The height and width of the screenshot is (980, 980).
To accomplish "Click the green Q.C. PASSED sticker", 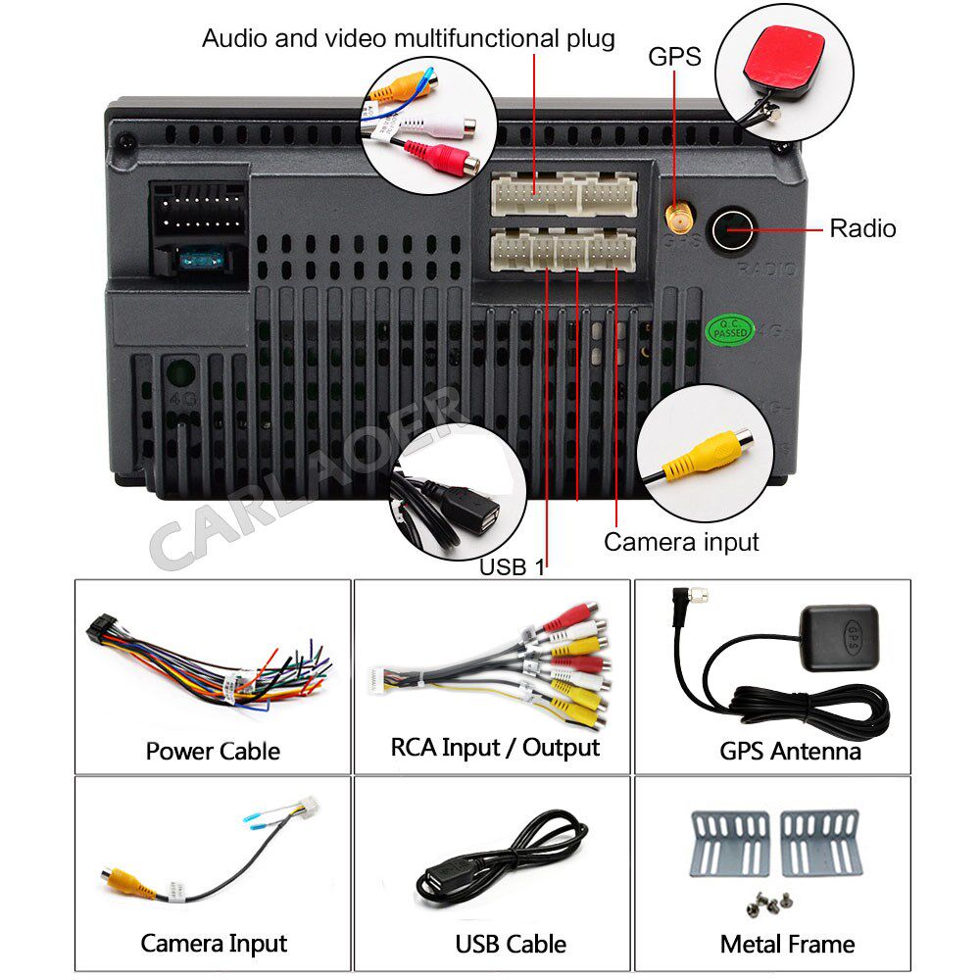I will coord(729,329).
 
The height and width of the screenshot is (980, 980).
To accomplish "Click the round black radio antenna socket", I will coord(731,229).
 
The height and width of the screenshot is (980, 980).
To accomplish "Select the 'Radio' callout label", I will coord(862,228).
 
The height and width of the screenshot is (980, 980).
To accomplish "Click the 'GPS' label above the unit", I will coord(674,57).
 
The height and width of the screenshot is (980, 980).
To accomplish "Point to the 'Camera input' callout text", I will coord(681,541).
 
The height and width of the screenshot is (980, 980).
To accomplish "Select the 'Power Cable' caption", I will coord(213,751).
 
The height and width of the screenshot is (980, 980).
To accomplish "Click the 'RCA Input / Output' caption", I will coord(495,748).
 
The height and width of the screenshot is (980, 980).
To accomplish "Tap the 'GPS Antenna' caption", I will coord(790,751).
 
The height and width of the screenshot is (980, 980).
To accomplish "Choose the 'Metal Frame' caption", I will coord(787,944).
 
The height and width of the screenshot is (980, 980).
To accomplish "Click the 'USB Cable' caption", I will coord(511,945).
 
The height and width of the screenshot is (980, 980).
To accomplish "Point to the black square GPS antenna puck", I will coord(843,638).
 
